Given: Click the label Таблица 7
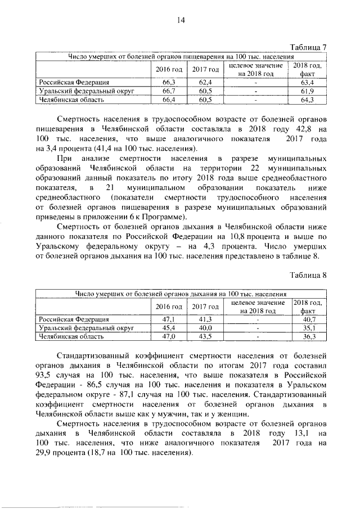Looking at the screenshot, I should point(308,47).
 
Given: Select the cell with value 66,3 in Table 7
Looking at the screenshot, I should point(169,83).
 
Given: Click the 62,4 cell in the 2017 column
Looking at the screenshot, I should point(205,83).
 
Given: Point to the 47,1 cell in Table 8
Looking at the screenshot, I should point(169,319).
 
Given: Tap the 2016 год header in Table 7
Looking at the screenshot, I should point(169,70).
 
